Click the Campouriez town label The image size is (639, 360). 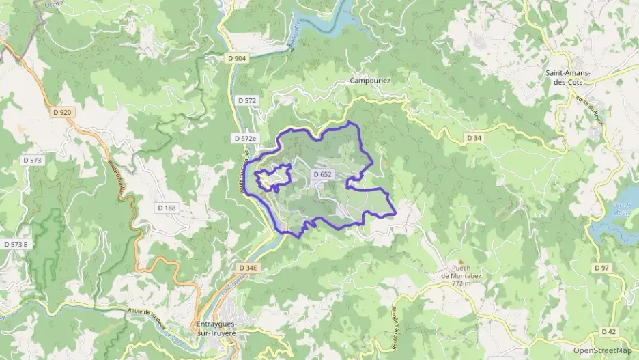click(x=370, y=81)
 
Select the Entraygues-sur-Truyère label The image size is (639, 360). click(x=216, y=329)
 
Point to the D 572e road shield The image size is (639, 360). click(x=246, y=138)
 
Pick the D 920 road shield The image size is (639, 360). click(x=61, y=112)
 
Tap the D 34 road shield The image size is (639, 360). click(x=474, y=138)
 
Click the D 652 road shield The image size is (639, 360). click(x=322, y=174)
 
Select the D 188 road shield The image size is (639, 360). click(x=167, y=208)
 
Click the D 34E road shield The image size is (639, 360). click(x=248, y=268)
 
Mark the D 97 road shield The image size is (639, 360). click(x=601, y=268)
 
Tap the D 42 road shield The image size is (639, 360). click(x=609, y=331)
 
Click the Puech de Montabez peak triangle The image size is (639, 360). click(x=461, y=262)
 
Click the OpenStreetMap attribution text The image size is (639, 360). click(x=602, y=350)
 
